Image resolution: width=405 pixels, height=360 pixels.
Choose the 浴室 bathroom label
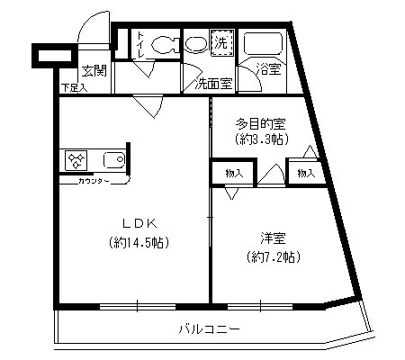coord(268,68)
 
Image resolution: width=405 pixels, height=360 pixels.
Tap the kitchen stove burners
coord(76,161)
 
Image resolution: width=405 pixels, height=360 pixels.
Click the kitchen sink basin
coord(114,161)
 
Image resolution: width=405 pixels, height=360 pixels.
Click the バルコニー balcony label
coord(208,328)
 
